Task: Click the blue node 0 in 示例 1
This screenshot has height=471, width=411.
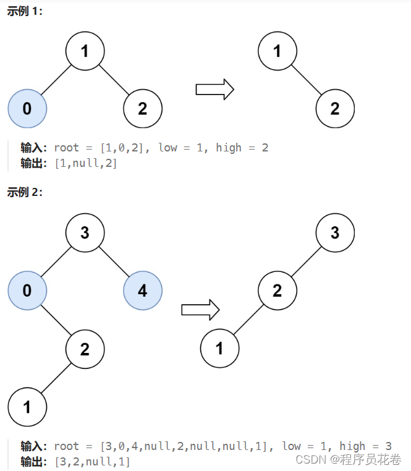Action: click(27, 109)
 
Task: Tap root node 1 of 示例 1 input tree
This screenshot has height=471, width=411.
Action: click(85, 51)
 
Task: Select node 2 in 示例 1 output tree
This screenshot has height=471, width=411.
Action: click(334, 109)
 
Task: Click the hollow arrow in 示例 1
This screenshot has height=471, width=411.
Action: click(214, 89)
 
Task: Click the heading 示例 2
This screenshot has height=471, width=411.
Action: click(25, 192)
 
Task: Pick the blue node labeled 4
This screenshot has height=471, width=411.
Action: click(143, 290)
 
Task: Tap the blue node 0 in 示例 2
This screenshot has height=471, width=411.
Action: click(27, 290)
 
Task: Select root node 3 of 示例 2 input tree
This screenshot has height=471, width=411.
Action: click(85, 232)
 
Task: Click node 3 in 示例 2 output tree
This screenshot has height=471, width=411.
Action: click(335, 232)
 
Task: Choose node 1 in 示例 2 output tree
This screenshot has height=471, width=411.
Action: click(219, 348)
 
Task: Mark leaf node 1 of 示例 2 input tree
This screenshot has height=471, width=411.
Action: click(27, 406)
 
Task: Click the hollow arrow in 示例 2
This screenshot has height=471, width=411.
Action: click(200, 309)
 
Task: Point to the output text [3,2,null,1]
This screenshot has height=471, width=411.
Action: click(93, 461)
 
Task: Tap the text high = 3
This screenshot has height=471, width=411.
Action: click(365, 446)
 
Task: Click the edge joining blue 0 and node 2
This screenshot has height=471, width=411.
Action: click(56, 320)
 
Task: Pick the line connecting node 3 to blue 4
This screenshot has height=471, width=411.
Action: click(114, 261)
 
